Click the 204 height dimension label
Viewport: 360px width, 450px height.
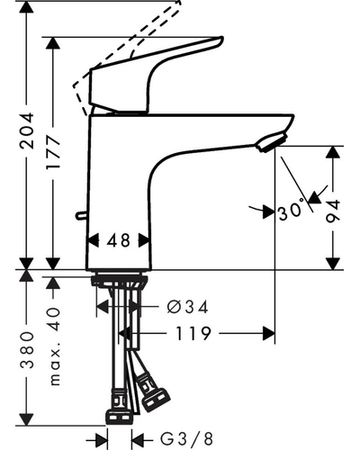tap(26, 130)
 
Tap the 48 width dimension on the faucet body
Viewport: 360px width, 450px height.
tap(119, 240)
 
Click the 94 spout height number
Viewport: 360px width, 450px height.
tap(333, 211)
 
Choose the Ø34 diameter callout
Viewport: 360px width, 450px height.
tap(187, 307)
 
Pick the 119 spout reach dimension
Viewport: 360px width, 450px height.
tap(193, 333)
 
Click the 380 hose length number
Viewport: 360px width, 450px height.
tap(27, 350)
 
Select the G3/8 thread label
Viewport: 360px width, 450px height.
tap(186, 439)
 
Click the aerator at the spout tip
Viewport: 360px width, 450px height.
tap(272, 142)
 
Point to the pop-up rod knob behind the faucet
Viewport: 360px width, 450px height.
tap(81, 215)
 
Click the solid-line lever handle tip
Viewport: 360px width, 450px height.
tap(220, 40)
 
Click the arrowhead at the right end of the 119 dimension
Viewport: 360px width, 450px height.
tap(269, 333)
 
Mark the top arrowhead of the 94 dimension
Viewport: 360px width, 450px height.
tap(333, 153)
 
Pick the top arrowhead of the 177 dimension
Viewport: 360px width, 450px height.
tap(53, 43)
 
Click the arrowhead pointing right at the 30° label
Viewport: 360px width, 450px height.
tap(269, 212)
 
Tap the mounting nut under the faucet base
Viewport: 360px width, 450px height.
tap(120, 282)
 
